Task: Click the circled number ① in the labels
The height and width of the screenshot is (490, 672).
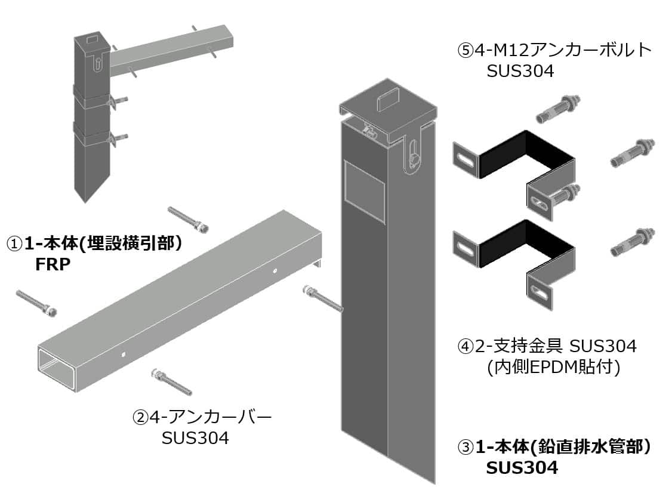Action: pos(15,244)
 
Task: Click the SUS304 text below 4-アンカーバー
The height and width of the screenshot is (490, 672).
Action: pos(195,437)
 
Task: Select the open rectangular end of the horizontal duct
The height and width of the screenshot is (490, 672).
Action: pos(58,371)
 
